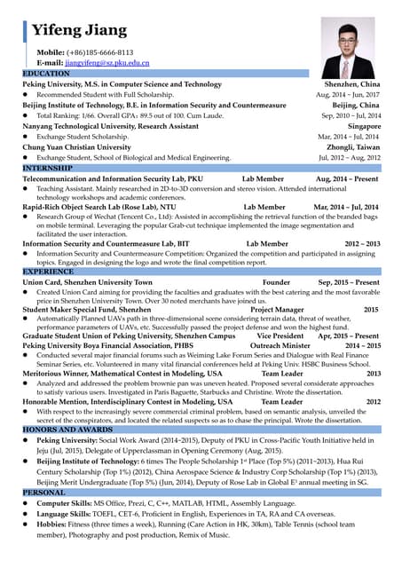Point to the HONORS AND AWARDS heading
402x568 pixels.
(67, 429)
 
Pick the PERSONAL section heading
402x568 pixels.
(44, 492)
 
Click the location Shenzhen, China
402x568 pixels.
(352, 83)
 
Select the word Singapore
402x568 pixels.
(359, 126)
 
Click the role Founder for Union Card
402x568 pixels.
(277, 281)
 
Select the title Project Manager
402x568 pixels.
(277, 310)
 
